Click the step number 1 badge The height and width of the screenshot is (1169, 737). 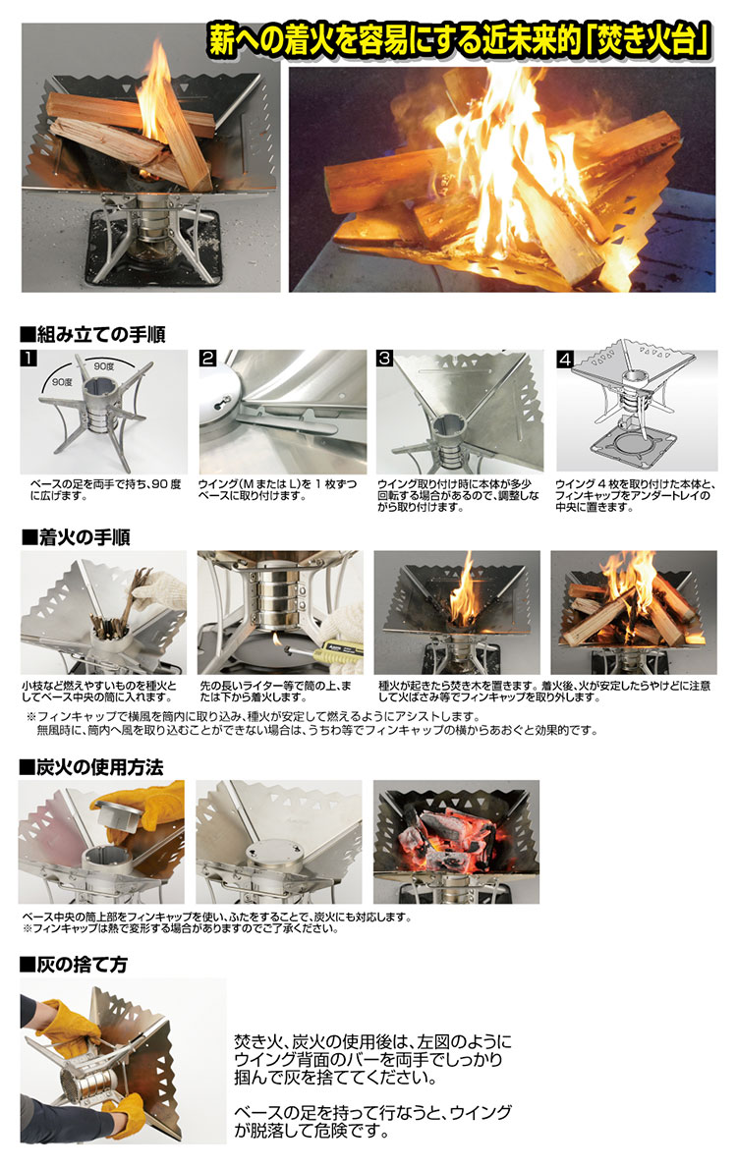(x=29, y=359)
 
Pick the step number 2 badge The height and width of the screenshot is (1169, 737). (x=207, y=359)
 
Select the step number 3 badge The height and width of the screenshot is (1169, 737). (x=385, y=359)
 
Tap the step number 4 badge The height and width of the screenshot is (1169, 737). (x=564, y=359)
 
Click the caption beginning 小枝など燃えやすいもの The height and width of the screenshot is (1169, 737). (x=101, y=690)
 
